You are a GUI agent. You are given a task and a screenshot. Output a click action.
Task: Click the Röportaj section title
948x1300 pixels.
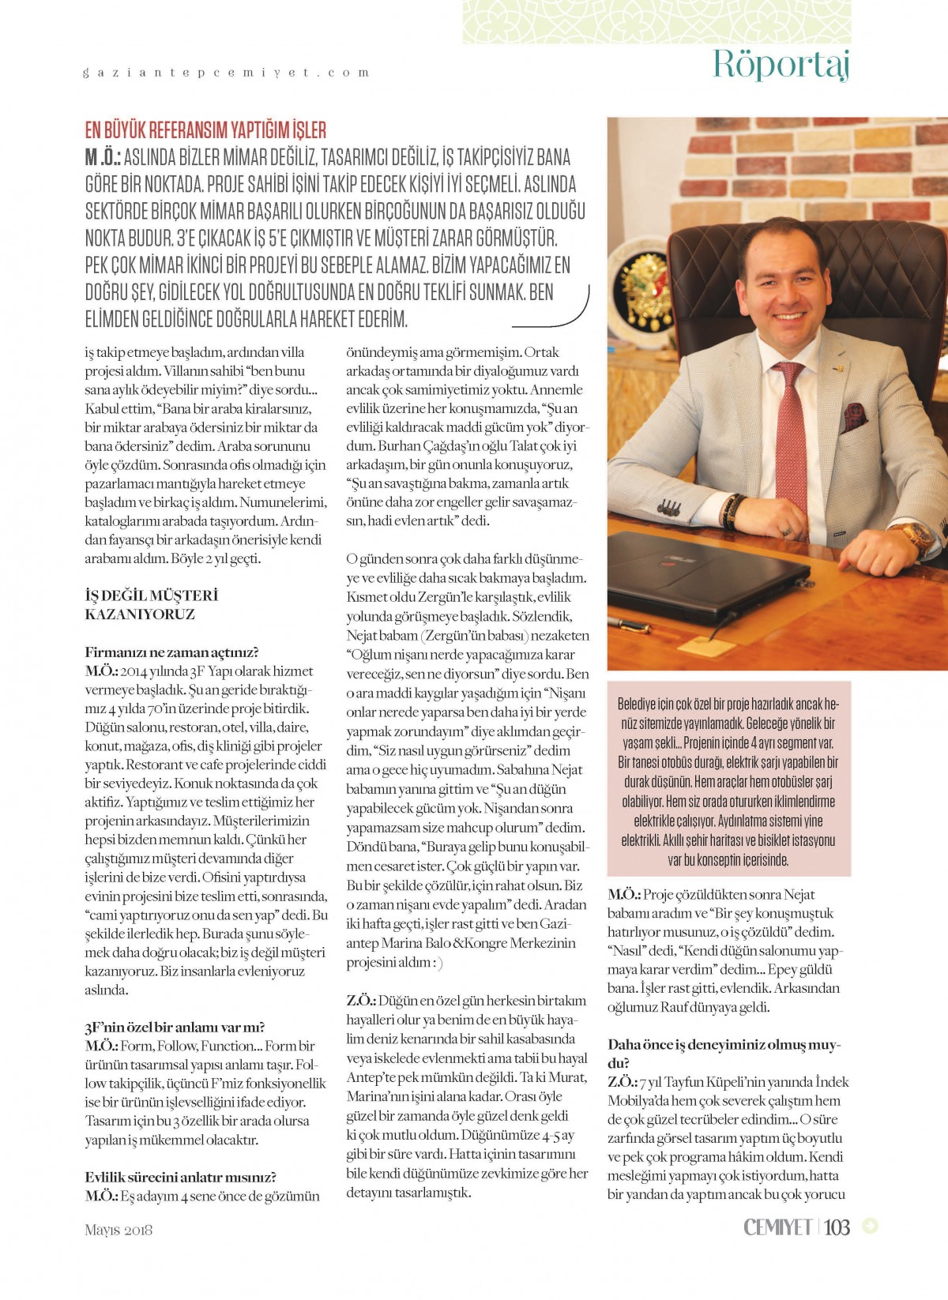781,64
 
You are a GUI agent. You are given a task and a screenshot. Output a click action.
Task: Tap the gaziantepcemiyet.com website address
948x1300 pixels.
226,73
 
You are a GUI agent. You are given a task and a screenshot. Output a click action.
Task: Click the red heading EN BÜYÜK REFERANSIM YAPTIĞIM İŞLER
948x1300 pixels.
205,130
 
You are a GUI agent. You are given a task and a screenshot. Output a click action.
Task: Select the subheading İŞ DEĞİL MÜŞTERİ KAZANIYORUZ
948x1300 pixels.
151,605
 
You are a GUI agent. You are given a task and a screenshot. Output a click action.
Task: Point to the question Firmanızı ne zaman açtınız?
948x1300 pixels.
171,652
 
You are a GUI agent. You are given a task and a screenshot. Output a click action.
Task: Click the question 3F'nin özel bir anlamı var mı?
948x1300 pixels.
175,1028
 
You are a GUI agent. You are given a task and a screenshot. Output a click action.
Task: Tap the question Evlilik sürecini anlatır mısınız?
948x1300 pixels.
180,1178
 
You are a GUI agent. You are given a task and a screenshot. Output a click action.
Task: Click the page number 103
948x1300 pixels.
837,1227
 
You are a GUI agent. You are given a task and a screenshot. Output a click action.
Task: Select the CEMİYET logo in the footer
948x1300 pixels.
777,1227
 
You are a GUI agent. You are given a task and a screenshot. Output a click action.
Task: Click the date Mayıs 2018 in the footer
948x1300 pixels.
118,1230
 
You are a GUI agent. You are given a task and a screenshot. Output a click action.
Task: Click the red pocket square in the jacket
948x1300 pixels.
854,414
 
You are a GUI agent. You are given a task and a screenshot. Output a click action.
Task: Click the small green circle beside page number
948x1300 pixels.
871,1227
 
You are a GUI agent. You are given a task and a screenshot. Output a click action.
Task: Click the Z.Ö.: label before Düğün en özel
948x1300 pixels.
360,1001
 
